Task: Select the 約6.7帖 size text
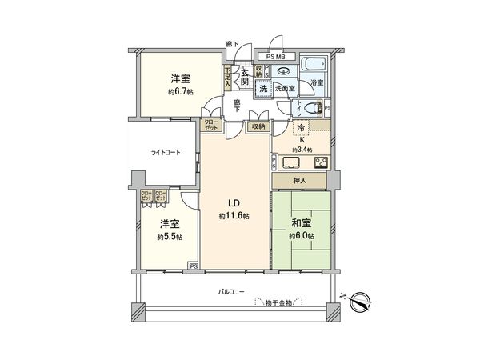pyautogui.click(x=180, y=91)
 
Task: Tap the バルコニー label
pyautogui.click(x=231, y=293)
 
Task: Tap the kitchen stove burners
pyautogui.click(x=321, y=164)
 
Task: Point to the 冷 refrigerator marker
pyautogui.click(x=301, y=129)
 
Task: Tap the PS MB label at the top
pyautogui.click(x=275, y=57)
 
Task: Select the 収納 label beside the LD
pyautogui.click(x=256, y=126)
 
